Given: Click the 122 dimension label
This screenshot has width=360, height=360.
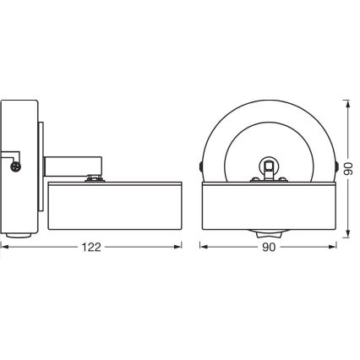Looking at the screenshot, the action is coord(91,247).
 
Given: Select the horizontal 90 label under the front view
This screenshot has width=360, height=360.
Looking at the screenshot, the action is coord(269,247).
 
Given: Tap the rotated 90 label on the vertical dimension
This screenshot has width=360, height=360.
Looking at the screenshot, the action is coord(349,168).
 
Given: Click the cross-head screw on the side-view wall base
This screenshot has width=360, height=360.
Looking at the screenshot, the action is coord(15,166).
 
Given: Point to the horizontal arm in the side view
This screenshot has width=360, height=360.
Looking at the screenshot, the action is coord(74,167).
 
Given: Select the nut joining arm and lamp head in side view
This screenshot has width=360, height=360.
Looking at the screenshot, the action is coord(95,178).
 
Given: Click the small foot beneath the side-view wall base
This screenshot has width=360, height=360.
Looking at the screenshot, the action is coord(19,236).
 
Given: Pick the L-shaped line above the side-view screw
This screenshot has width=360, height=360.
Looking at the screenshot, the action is coord(11,155).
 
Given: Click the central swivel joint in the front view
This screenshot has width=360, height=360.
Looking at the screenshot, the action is coord(270,166).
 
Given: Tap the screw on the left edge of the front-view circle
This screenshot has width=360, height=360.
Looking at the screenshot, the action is coord(201,166).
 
